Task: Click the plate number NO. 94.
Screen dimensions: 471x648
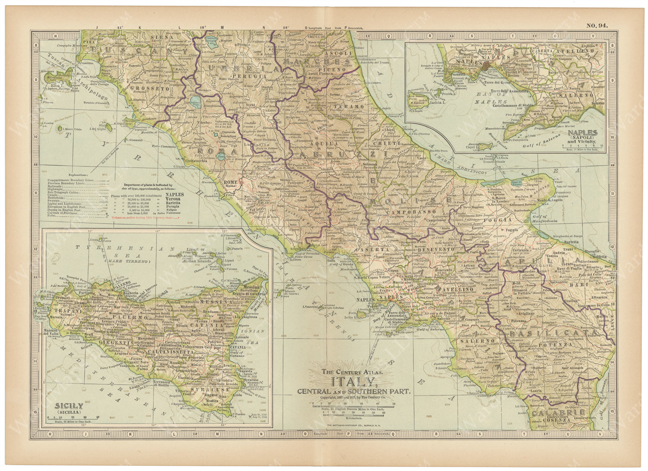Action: coord(597,25)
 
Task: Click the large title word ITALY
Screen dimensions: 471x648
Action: coord(353,382)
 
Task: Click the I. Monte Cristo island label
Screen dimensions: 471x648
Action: coord(72,129)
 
